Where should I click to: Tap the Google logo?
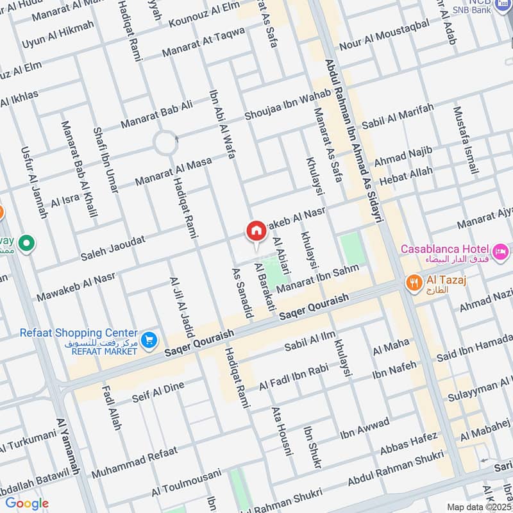(x=26, y=503)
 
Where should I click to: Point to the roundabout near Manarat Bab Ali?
(x=166, y=142)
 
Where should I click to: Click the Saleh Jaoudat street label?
(x=113, y=247)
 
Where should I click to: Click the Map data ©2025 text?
(x=478, y=507)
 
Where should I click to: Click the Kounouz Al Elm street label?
(x=203, y=15)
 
